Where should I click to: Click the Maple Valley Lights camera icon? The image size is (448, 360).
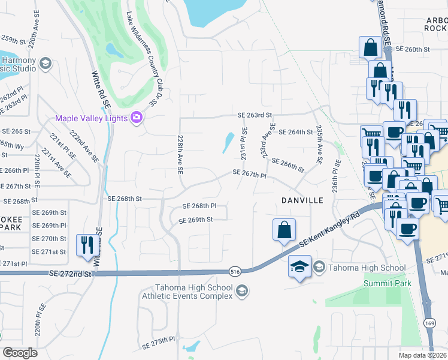tap(137, 118)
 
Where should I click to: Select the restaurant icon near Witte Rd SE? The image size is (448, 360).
tap(88, 245)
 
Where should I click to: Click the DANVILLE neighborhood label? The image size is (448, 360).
tap(303, 200)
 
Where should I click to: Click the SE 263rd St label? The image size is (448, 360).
tap(255, 115)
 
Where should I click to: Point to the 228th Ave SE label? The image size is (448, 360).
tap(180, 154)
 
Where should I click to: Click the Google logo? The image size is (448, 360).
tap(20, 352)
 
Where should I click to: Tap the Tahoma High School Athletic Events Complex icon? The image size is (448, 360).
tap(242, 292)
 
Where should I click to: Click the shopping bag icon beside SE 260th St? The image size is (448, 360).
tap(370, 47)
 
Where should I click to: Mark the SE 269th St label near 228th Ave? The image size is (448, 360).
tap(196, 220)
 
